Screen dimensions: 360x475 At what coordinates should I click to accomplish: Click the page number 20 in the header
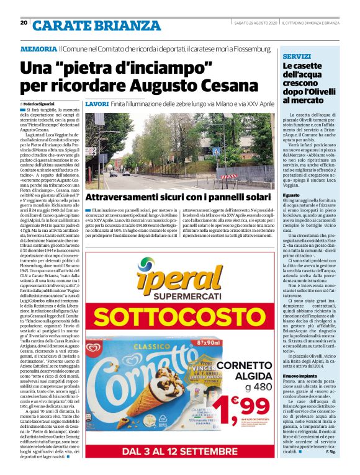tap(24, 23)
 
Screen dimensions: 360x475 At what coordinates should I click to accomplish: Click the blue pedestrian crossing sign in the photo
tap(215, 151)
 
